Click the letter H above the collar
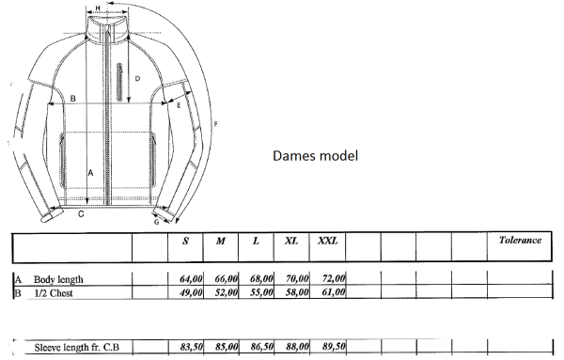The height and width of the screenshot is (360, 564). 98,8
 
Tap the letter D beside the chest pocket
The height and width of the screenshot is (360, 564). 137,78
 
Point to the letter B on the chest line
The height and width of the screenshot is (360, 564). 72,98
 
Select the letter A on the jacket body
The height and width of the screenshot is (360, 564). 90,173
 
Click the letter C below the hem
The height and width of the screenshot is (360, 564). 81,214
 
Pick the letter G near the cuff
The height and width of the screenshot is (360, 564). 156,222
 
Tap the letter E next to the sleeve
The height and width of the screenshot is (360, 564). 179,105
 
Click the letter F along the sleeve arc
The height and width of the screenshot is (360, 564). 216,124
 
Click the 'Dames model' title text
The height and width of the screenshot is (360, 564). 316,156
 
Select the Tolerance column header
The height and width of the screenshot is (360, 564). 520,241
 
